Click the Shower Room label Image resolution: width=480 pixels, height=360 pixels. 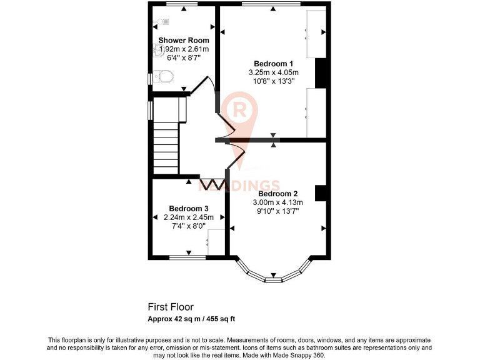coord(183,40)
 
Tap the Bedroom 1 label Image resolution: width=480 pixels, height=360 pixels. coord(273,64)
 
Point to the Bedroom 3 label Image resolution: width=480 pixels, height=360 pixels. coord(188,209)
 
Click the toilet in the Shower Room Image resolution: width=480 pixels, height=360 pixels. coord(164,77)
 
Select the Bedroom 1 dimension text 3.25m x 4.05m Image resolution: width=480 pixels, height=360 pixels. coord(273,72)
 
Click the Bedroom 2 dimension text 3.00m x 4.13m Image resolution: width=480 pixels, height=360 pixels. coord(277,202)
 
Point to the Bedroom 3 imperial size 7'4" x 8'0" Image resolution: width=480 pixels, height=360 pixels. coord(188,226)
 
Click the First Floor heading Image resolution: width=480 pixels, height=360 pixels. coord(171,307)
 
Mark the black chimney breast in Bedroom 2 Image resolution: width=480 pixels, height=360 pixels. coord(321,193)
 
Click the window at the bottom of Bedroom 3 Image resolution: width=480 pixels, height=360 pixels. coord(188,257)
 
